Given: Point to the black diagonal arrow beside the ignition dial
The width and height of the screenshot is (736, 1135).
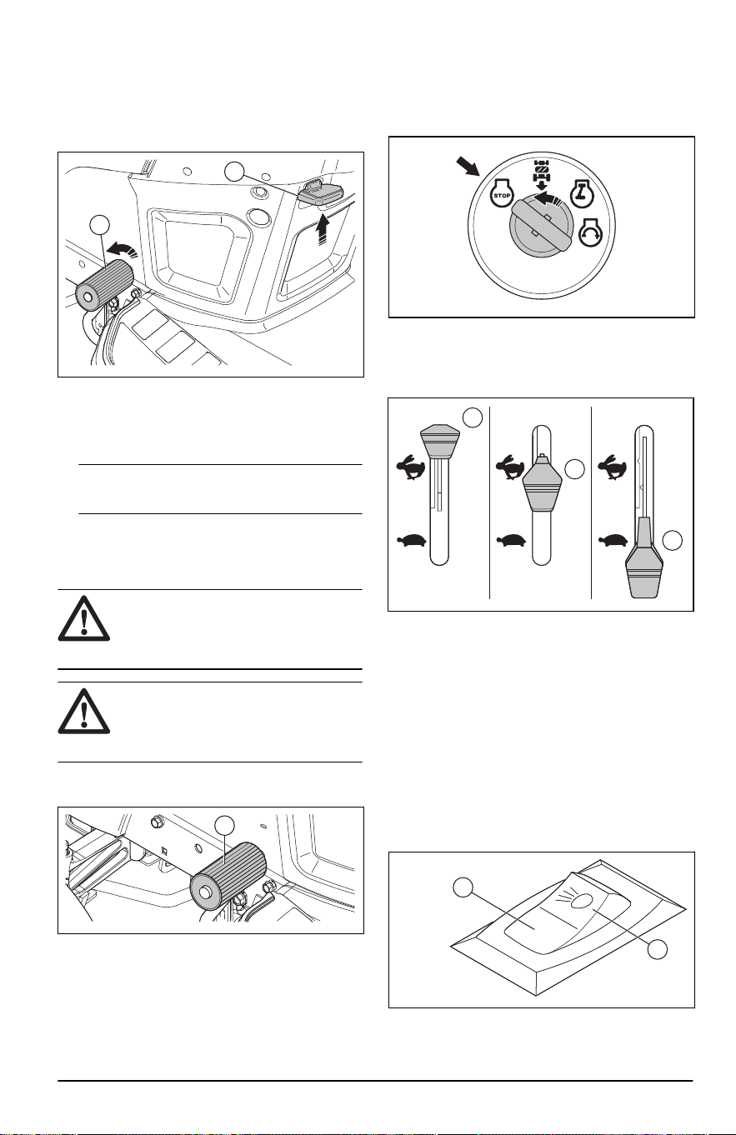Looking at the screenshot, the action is tap(468, 167).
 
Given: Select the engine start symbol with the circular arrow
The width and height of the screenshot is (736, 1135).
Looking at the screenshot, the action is tap(592, 233).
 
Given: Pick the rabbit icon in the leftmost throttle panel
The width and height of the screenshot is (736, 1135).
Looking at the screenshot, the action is tap(411, 467).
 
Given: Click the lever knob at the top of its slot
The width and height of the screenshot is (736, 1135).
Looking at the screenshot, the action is tap(440, 442).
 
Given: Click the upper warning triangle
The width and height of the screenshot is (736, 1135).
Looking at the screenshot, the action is tap(83, 618).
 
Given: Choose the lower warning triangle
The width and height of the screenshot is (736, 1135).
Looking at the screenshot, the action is tap(83, 711).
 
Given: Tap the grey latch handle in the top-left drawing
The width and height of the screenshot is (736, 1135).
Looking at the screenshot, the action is tap(321, 193).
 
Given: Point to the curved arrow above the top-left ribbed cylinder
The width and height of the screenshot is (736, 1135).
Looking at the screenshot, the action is tap(123, 248).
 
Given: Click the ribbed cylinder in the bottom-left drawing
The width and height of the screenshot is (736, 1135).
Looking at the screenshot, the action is tap(228, 883).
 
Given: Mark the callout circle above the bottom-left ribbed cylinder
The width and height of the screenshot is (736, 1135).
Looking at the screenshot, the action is tap(224, 825).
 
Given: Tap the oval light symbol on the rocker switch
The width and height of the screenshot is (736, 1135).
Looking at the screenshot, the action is tap(581, 900).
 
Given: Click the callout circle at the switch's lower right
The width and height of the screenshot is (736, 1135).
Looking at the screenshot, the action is tap(658, 949).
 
